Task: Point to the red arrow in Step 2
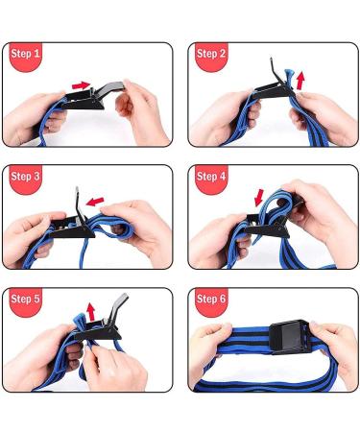303,78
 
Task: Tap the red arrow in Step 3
94,201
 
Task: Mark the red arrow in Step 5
91,312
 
